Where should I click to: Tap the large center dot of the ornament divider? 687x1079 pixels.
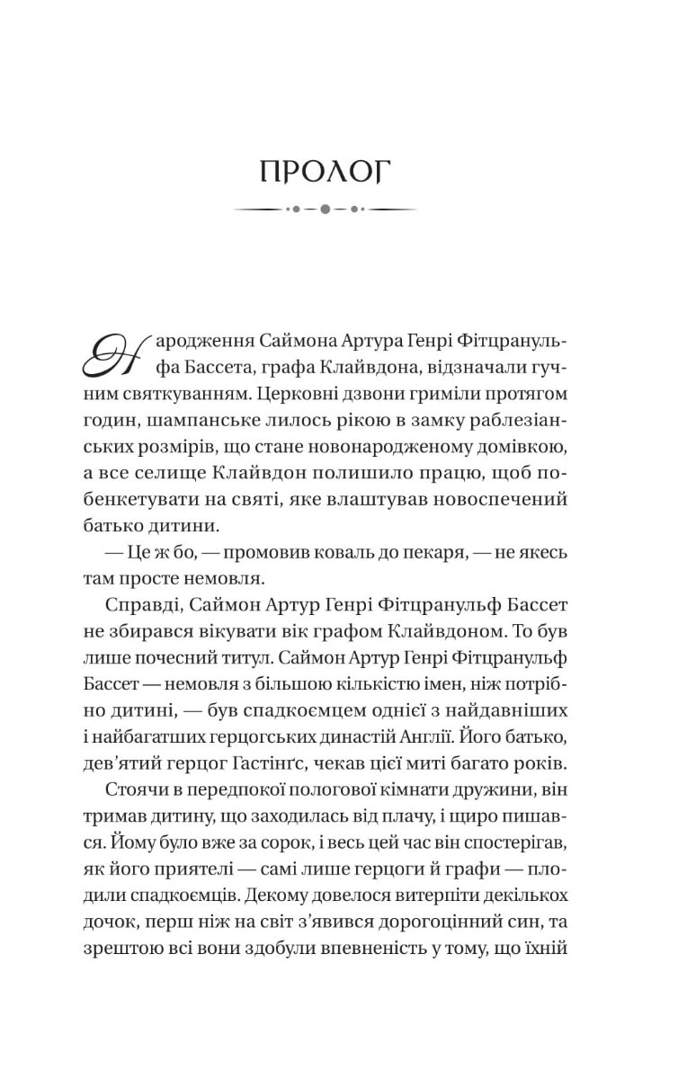[326, 210]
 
